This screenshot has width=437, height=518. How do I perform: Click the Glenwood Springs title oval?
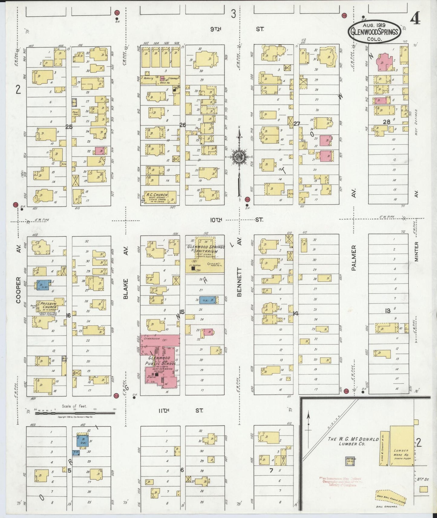click(374, 31)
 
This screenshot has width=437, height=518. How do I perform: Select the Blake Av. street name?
click(126, 281)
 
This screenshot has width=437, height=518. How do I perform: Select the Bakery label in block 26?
click(148, 78)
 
